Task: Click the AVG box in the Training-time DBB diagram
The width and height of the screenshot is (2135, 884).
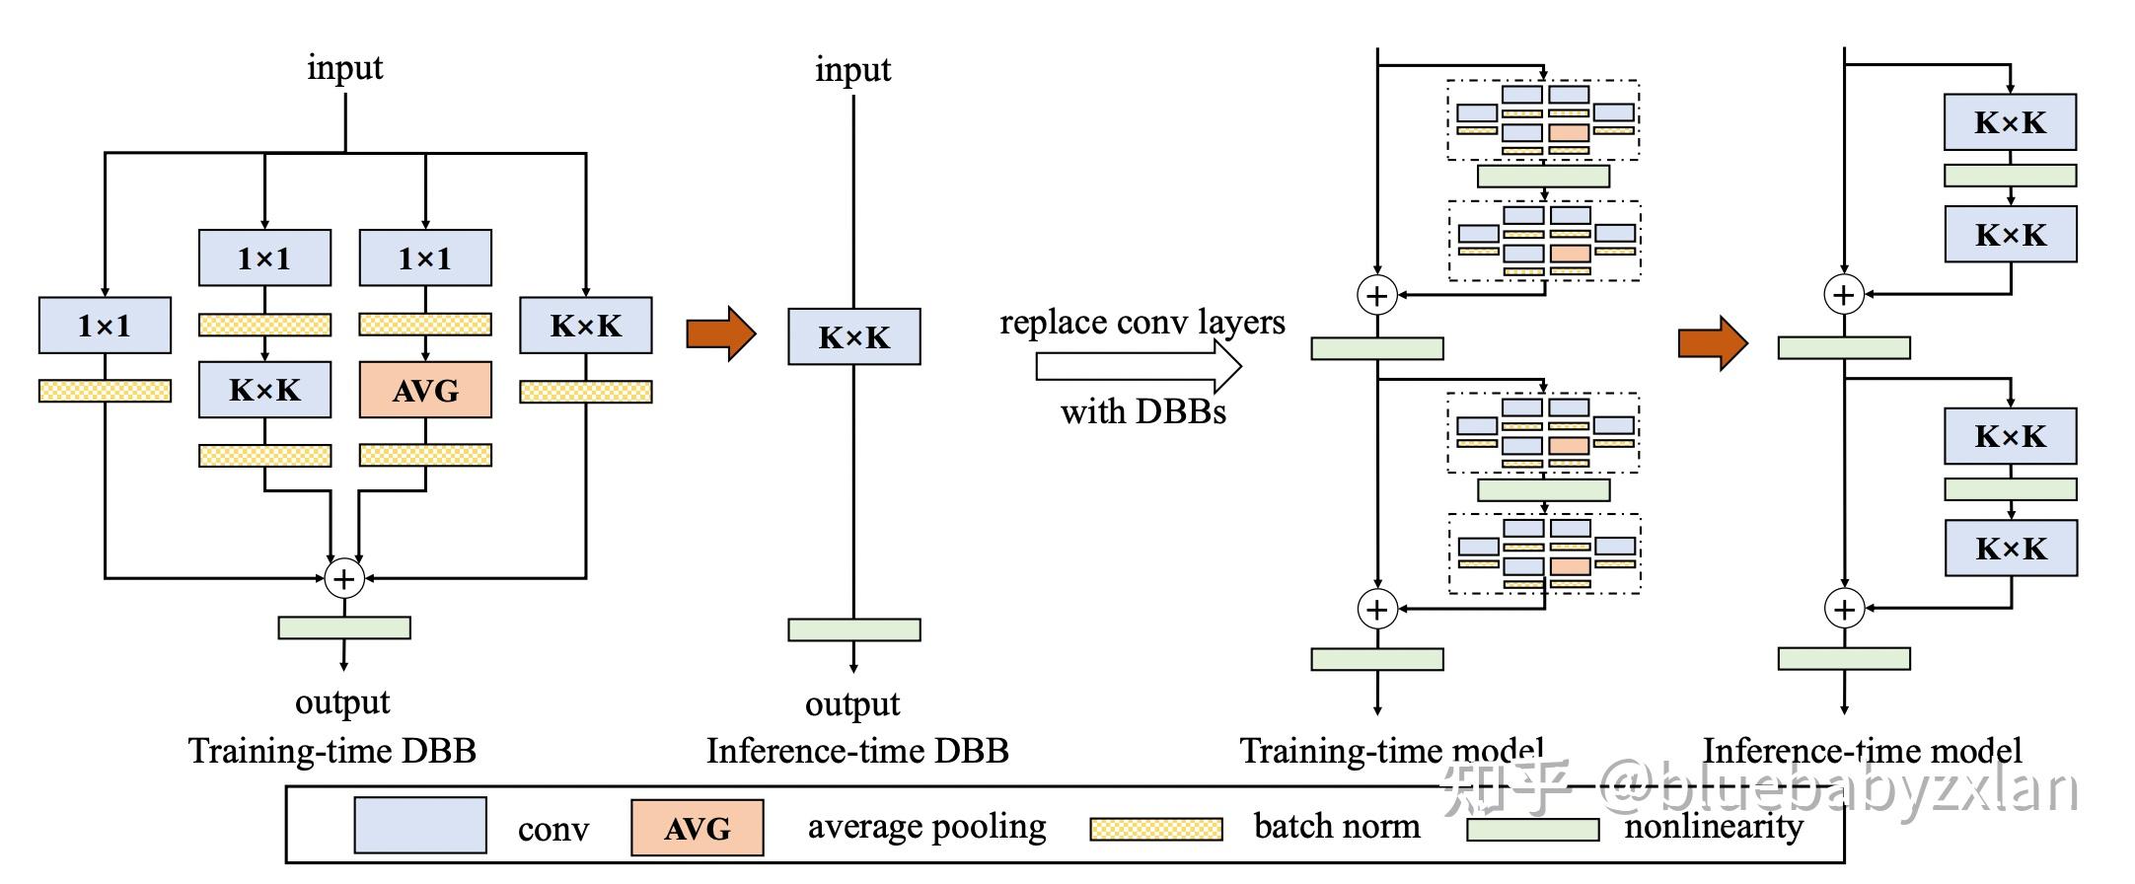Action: click(x=425, y=391)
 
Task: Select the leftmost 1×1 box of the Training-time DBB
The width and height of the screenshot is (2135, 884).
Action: click(x=105, y=325)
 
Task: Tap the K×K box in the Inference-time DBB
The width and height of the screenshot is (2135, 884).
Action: click(x=854, y=337)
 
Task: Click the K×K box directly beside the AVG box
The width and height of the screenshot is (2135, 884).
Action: click(x=264, y=390)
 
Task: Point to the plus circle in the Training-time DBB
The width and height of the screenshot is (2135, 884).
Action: click(x=344, y=578)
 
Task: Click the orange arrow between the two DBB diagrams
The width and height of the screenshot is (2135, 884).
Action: click(x=720, y=333)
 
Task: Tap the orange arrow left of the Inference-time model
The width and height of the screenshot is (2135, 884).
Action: click(x=1713, y=343)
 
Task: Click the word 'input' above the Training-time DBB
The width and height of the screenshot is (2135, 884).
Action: click(x=344, y=67)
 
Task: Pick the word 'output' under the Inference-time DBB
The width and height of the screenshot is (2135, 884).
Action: click(x=852, y=704)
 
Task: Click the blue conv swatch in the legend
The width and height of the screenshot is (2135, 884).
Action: click(x=420, y=825)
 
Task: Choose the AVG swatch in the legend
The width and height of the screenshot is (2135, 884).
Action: click(x=698, y=828)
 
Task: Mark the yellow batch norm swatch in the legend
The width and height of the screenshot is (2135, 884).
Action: click(x=1155, y=829)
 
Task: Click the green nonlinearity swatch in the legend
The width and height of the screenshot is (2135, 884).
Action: click(x=1532, y=830)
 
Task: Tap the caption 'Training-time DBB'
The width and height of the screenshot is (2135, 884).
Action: click(x=332, y=752)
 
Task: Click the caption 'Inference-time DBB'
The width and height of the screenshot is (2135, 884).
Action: click(x=857, y=752)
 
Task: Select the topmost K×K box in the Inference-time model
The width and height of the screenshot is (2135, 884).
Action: click(x=2010, y=122)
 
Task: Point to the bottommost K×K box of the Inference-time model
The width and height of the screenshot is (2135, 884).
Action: click(x=2011, y=549)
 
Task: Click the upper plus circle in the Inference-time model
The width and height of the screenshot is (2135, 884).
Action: click(x=1844, y=295)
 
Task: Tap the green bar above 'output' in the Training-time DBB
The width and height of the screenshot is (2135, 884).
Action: click(x=344, y=627)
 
